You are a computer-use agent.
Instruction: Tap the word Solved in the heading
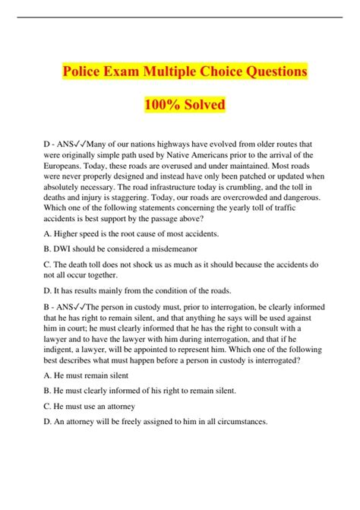(x=203, y=104)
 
